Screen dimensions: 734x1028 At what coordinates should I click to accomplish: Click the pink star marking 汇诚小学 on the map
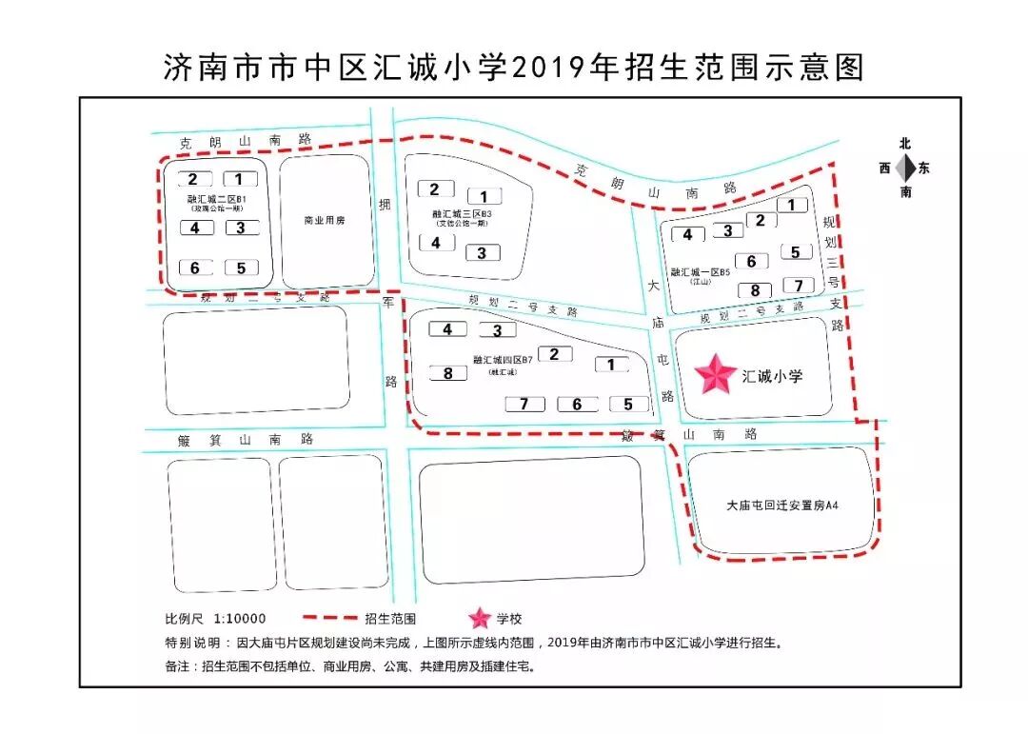click(x=718, y=375)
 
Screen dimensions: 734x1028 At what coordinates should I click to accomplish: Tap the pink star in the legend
click(x=481, y=618)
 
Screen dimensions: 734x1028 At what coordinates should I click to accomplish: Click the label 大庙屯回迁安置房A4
click(x=781, y=505)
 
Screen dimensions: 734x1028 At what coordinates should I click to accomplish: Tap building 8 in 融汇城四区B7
click(x=447, y=373)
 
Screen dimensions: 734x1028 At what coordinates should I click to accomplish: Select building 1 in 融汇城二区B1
click(x=240, y=179)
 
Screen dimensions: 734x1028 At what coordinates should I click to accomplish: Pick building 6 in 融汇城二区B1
click(x=195, y=268)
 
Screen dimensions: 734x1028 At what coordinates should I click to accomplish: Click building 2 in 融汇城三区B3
click(x=435, y=189)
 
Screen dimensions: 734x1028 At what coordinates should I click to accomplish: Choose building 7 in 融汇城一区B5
click(x=799, y=286)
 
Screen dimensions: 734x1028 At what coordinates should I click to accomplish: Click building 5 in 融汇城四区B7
click(x=628, y=404)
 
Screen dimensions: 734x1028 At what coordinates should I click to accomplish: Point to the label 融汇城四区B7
click(x=502, y=360)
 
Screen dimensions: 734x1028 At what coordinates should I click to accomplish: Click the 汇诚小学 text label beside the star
click(x=772, y=376)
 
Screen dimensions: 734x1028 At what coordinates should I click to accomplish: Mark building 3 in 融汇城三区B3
click(x=482, y=253)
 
